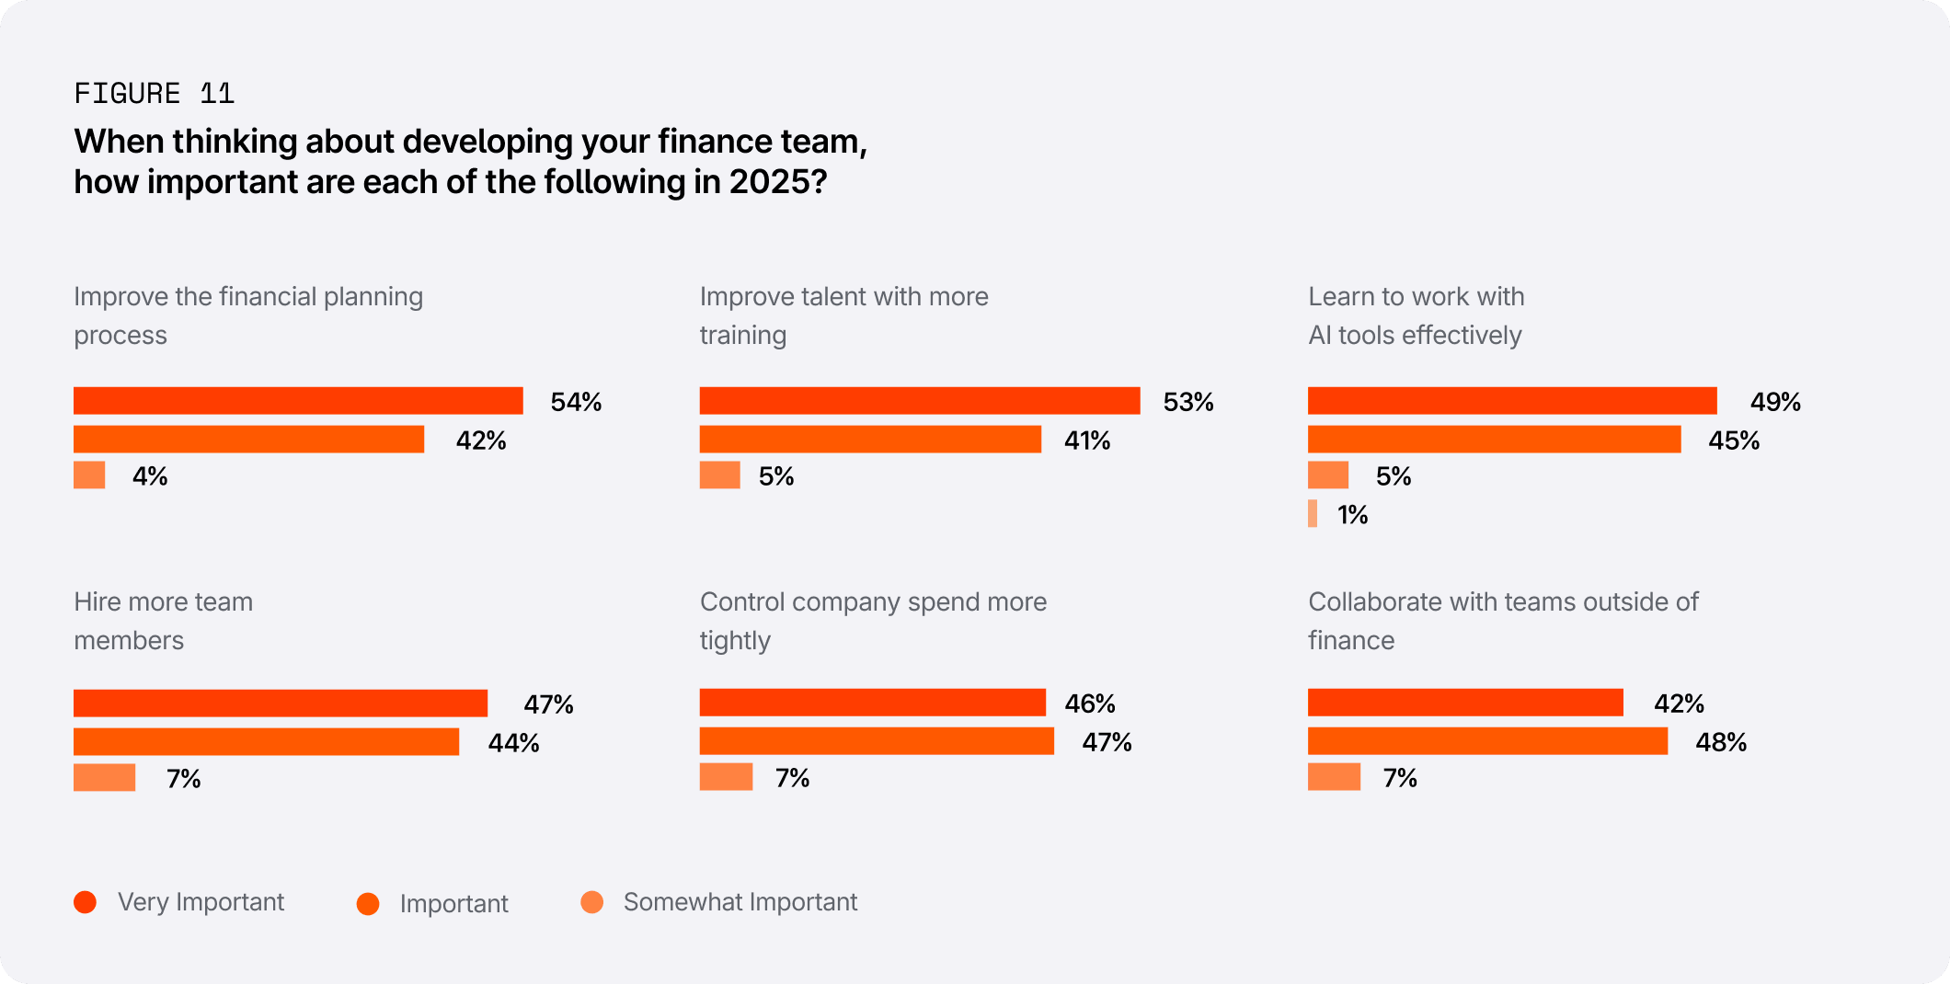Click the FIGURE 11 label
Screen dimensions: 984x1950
click(154, 94)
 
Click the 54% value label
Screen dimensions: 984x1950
click(576, 402)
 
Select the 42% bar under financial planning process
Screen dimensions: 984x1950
click(248, 440)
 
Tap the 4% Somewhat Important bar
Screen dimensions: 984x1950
click(89, 475)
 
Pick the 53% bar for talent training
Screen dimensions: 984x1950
click(919, 401)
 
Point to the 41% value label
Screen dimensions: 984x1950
click(1087, 441)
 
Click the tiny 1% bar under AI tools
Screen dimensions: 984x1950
click(1313, 514)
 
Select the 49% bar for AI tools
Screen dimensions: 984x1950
click(1511, 401)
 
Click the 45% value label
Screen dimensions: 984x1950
click(1734, 441)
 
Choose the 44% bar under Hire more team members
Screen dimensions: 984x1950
click(266, 742)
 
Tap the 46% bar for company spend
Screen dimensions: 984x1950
click(872, 703)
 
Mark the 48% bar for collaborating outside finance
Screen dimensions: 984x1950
click(1487, 741)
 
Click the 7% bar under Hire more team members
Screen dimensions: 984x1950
click(104, 778)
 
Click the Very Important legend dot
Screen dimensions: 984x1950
click(86, 902)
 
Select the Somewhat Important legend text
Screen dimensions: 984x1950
click(740, 902)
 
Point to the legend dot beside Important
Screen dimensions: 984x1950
click(368, 904)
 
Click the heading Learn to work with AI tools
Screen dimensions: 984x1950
click(1416, 315)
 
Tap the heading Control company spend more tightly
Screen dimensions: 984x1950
click(873, 621)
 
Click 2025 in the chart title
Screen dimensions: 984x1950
click(771, 182)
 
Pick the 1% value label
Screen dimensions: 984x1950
click(1352, 515)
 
